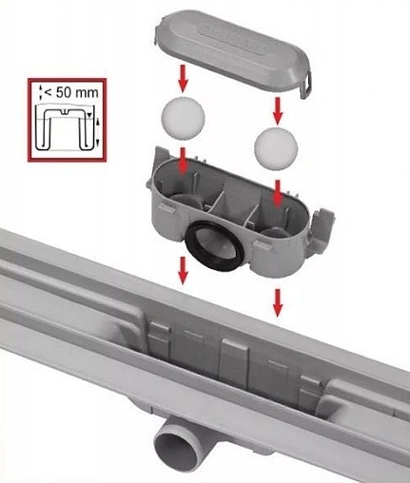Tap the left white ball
click(184, 117)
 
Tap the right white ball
click(276, 148)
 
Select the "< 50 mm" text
click(71, 92)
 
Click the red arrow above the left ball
click(183, 78)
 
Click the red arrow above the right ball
click(278, 110)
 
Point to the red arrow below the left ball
click(183, 161)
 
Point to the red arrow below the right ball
click(278, 193)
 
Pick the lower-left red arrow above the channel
click(183, 270)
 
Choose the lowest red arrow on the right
click(278, 303)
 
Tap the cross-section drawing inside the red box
click(64, 127)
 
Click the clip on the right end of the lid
click(306, 85)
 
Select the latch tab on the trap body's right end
click(322, 221)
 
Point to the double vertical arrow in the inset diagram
click(97, 132)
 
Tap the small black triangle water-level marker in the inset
click(90, 115)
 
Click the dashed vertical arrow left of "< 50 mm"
click(41, 91)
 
